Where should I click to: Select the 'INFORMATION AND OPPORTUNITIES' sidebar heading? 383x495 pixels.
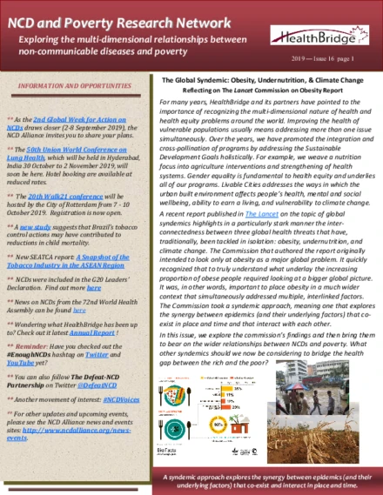(x=71, y=88)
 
